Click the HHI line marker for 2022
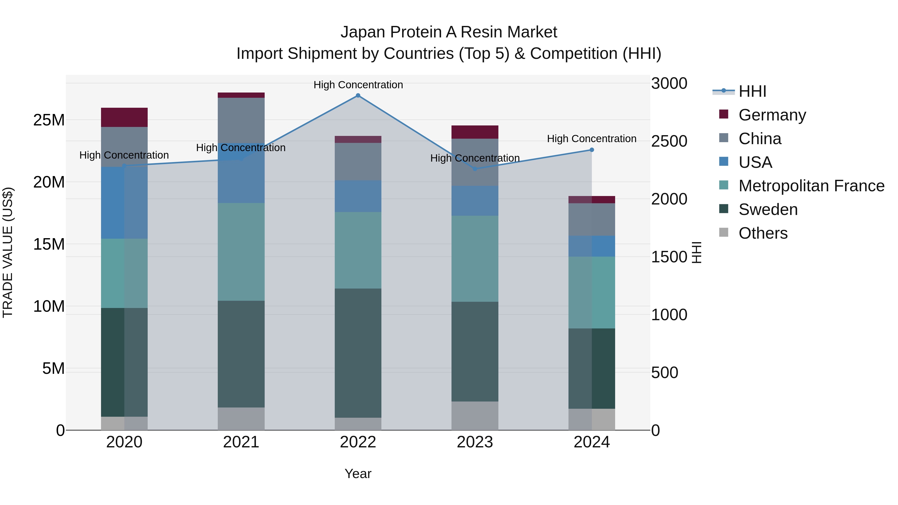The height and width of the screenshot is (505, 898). pos(358,96)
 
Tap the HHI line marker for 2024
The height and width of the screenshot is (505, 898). pos(592,150)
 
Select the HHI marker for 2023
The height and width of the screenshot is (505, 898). pos(475,169)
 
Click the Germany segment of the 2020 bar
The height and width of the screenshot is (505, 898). pos(124,117)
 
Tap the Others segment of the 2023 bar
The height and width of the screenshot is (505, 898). pos(475,416)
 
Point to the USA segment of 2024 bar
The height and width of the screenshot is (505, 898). pos(592,246)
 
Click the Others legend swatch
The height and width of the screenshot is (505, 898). pos(724,232)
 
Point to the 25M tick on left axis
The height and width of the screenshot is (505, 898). pos(49,120)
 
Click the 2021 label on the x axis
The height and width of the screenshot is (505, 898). pos(241,442)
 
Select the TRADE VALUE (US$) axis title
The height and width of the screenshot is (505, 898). pos(8,252)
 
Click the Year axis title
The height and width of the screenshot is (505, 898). pos(358,474)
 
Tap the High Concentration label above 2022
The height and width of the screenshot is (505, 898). pos(358,85)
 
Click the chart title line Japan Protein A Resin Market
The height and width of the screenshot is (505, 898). pos(449,32)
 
